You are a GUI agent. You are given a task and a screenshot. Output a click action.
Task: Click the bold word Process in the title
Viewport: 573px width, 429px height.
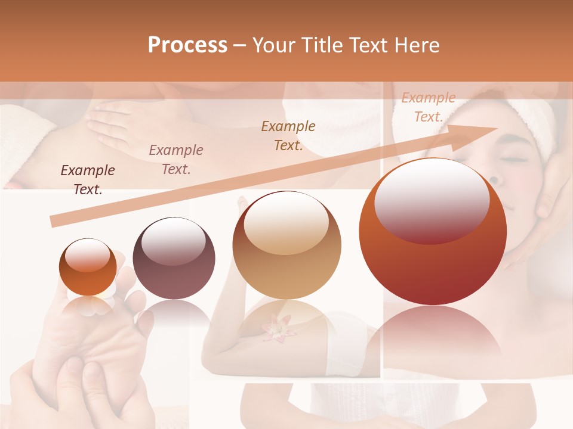click(x=187, y=45)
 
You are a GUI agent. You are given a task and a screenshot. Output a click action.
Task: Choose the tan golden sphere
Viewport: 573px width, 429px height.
click(x=287, y=245)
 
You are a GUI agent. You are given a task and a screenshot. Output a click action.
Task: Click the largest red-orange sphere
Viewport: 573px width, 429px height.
click(x=433, y=232)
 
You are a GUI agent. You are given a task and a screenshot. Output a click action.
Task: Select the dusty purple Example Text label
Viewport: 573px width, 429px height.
click(x=176, y=160)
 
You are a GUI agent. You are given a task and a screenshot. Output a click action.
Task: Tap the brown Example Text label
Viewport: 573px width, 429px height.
click(x=288, y=136)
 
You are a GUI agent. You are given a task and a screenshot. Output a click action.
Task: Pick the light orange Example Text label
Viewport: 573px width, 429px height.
click(x=428, y=107)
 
